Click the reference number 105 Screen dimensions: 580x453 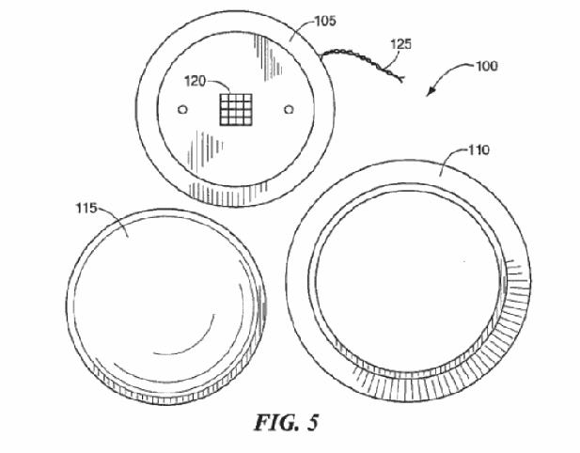(325, 21)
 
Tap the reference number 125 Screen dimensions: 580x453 (401, 44)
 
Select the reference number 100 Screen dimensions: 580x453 (486, 66)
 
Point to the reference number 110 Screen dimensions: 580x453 (478, 149)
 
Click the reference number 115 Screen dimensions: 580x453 (86, 209)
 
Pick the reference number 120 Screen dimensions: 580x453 (195, 81)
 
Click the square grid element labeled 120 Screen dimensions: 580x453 (236, 109)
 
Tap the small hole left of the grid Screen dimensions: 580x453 (182, 109)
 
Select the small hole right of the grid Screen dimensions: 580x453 (289, 109)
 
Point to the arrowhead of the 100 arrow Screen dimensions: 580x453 (431, 92)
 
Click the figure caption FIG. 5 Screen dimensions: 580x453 (286, 422)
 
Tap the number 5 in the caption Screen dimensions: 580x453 (313, 422)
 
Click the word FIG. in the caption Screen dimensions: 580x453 (276, 422)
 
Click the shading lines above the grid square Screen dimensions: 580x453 (268, 56)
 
